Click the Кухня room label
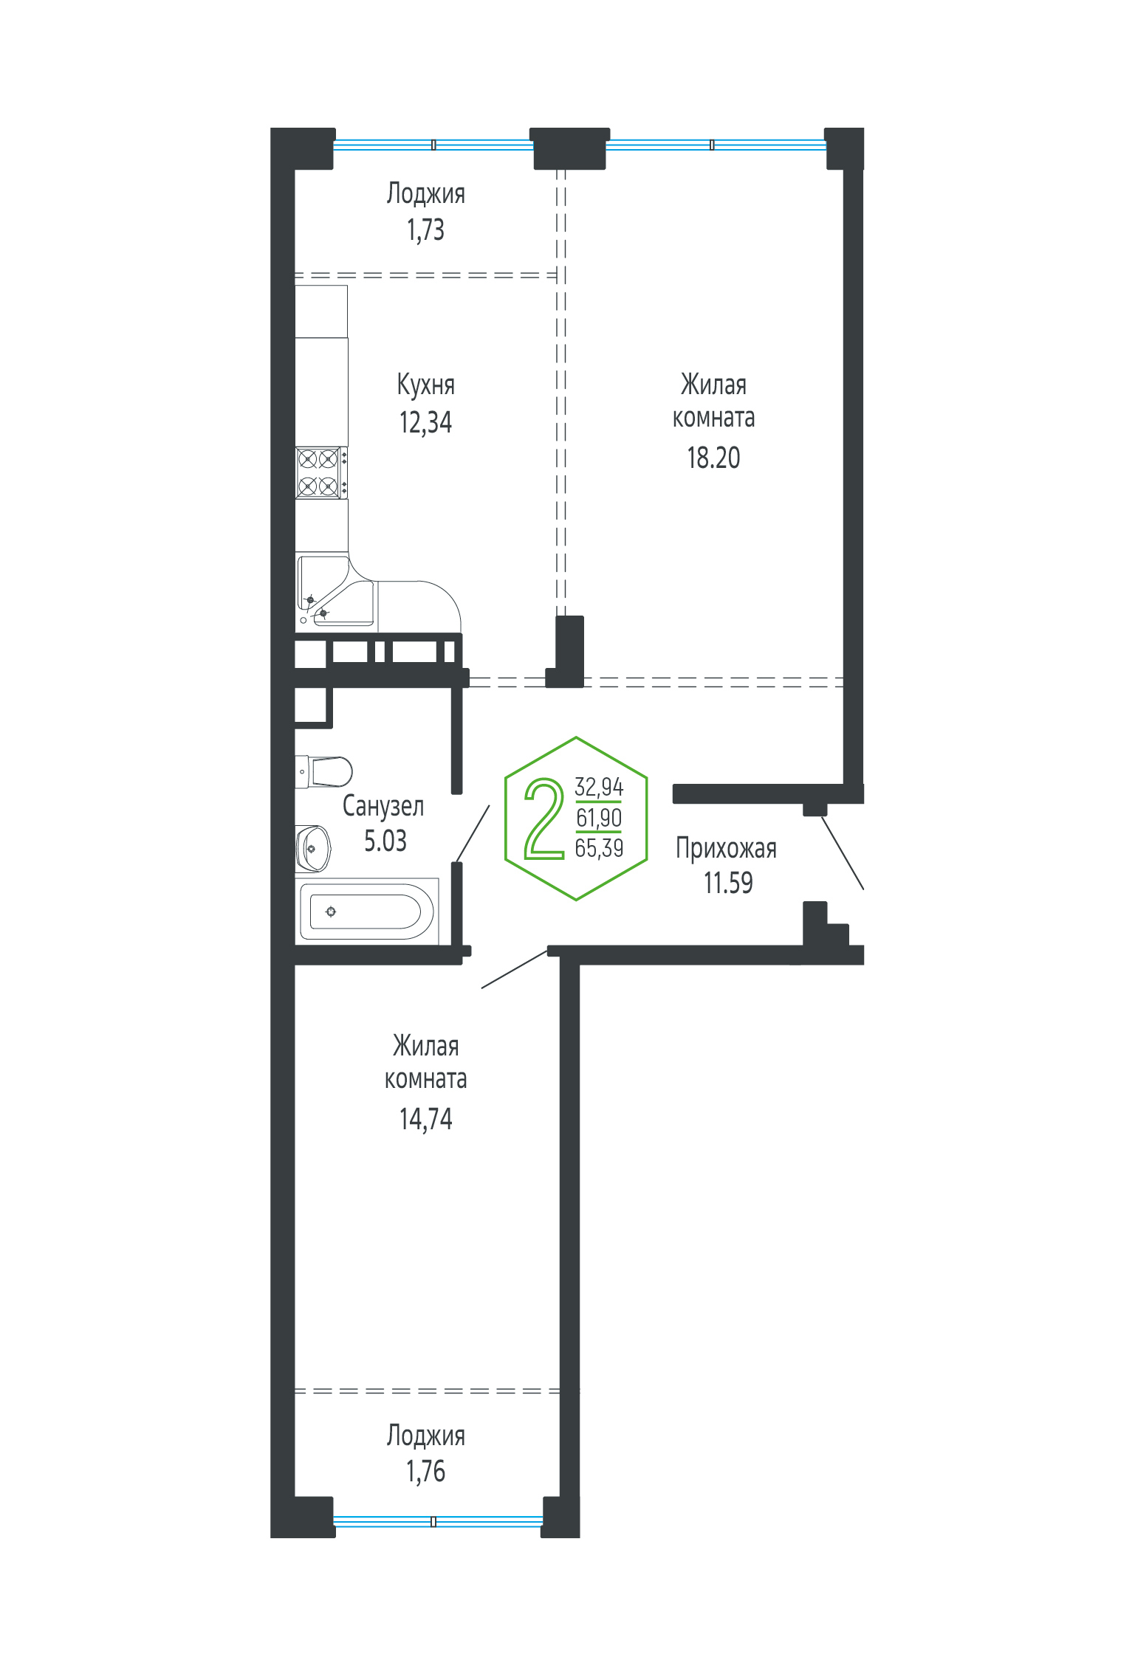click(425, 385)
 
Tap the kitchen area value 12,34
click(425, 422)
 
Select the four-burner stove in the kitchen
click(321, 472)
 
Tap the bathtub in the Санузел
click(367, 912)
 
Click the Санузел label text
click(383, 806)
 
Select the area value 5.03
click(385, 841)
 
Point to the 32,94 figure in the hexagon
click(599, 787)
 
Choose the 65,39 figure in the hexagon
click(599, 848)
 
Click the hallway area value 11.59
click(728, 883)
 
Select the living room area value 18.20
click(713, 458)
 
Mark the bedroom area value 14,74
click(425, 1120)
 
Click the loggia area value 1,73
click(425, 230)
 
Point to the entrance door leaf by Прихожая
click(843, 852)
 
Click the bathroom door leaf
click(473, 833)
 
